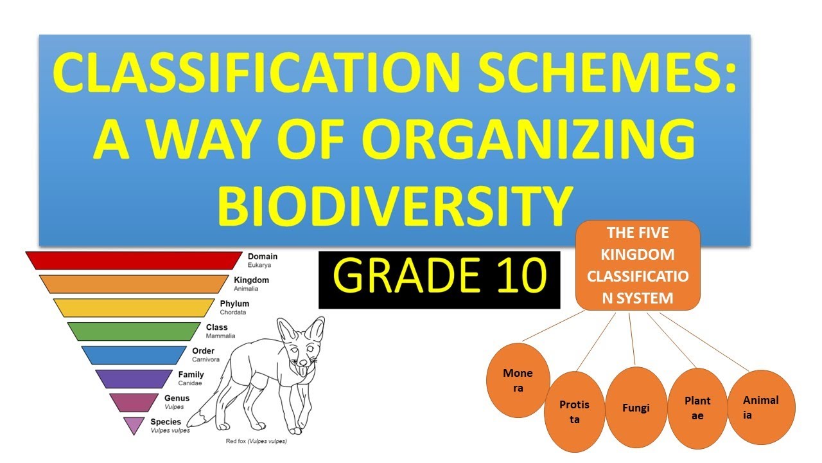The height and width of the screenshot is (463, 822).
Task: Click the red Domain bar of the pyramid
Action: (x=133, y=260)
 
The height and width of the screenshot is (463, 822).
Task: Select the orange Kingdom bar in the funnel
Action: (x=133, y=284)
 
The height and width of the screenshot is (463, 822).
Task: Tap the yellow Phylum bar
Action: (x=133, y=307)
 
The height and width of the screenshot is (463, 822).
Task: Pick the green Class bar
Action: (x=133, y=331)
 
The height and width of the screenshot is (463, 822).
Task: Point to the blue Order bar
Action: (x=133, y=354)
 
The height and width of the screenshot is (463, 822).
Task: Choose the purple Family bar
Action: (x=133, y=378)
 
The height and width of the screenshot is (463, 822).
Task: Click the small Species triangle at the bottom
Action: (x=134, y=424)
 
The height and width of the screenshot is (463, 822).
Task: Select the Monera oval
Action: (x=518, y=381)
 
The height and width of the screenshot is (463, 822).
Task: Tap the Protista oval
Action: (x=574, y=412)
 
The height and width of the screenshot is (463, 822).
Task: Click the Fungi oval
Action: (x=636, y=408)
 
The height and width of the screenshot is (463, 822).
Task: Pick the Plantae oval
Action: (x=697, y=408)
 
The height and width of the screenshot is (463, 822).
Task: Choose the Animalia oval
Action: (x=761, y=407)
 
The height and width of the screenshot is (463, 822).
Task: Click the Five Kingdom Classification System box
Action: (x=638, y=265)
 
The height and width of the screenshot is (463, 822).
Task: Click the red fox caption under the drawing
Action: (x=256, y=442)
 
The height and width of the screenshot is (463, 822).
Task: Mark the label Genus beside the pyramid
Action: (x=177, y=399)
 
